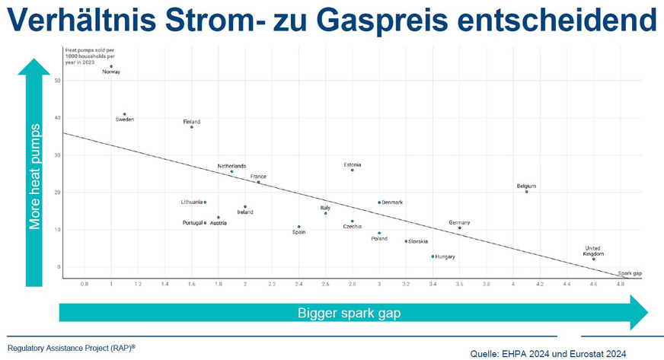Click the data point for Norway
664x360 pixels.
(x=111, y=66)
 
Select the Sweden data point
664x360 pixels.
(x=125, y=114)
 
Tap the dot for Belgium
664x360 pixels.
(x=526, y=192)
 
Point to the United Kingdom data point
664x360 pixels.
(x=594, y=260)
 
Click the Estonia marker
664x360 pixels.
(x=353, y=170)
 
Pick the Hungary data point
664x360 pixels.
(x=433, y=256)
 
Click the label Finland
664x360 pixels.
(x=192, y=122)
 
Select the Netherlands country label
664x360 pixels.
(x=231, y=166)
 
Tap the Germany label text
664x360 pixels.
(x=459, y=222)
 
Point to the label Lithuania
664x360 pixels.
(x=191, y=202)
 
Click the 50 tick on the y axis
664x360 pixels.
(x=57, y=80)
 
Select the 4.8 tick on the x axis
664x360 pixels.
(x=620, y=284)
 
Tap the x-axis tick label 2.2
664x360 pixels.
(x=272, y=284)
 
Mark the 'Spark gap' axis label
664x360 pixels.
(x=630, y=272)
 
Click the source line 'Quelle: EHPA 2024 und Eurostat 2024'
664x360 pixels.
(x=548, y=353)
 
